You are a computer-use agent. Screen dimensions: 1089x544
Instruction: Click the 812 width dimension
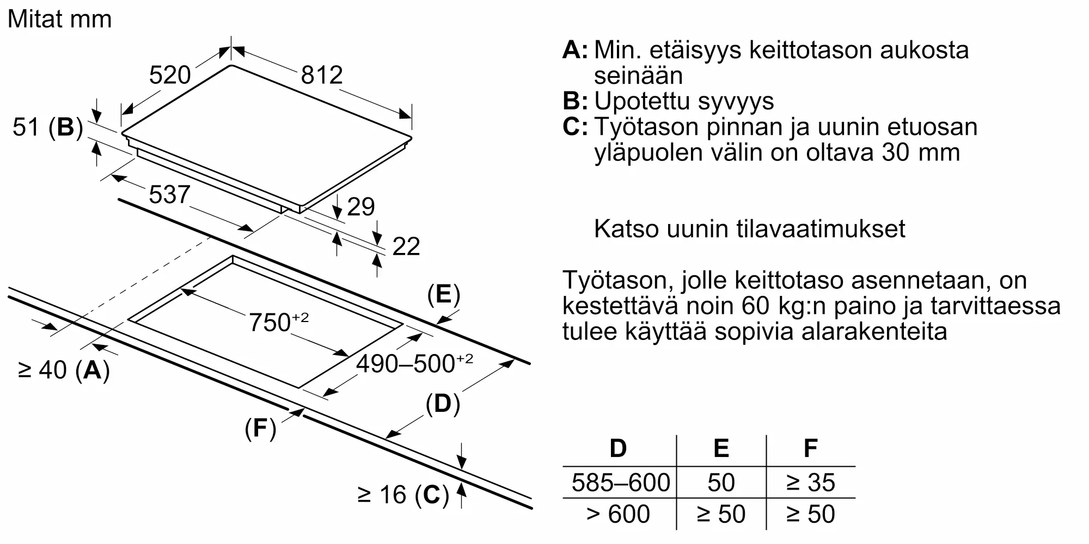point(322,75)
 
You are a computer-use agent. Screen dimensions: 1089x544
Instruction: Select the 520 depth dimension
point(170,75)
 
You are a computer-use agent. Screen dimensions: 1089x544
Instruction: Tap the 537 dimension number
point(169,195)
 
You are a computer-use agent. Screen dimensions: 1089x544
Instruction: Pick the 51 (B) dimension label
point(48,127)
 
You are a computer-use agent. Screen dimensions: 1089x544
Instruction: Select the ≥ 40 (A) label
point(64,370)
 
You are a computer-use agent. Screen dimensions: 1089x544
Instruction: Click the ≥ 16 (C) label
point(403,495)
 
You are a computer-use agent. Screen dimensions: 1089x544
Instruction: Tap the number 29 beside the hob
point(360,207)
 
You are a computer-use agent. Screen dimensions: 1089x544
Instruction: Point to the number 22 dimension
point(406,247)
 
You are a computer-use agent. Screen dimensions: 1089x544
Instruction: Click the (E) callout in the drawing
point(443,294)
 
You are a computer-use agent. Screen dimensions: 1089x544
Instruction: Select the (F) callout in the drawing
point(260,429)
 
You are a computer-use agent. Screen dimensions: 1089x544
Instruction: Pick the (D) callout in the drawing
point(443,404)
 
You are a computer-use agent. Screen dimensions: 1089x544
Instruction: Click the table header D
point(618,449)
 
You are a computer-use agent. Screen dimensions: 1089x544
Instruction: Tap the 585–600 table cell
point(620,483)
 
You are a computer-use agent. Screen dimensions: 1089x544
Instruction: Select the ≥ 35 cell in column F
point(810,483)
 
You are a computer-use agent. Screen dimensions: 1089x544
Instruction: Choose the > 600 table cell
point(618,514)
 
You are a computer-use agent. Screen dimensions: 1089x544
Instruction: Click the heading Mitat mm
point(59,20)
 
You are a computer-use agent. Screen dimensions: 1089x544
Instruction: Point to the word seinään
point(638,76)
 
